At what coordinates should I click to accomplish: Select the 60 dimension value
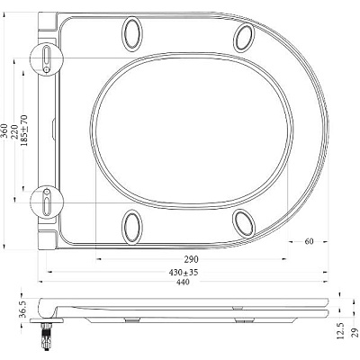308,241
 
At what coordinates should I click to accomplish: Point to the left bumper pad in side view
131,319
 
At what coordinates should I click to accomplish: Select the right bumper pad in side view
243,319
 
